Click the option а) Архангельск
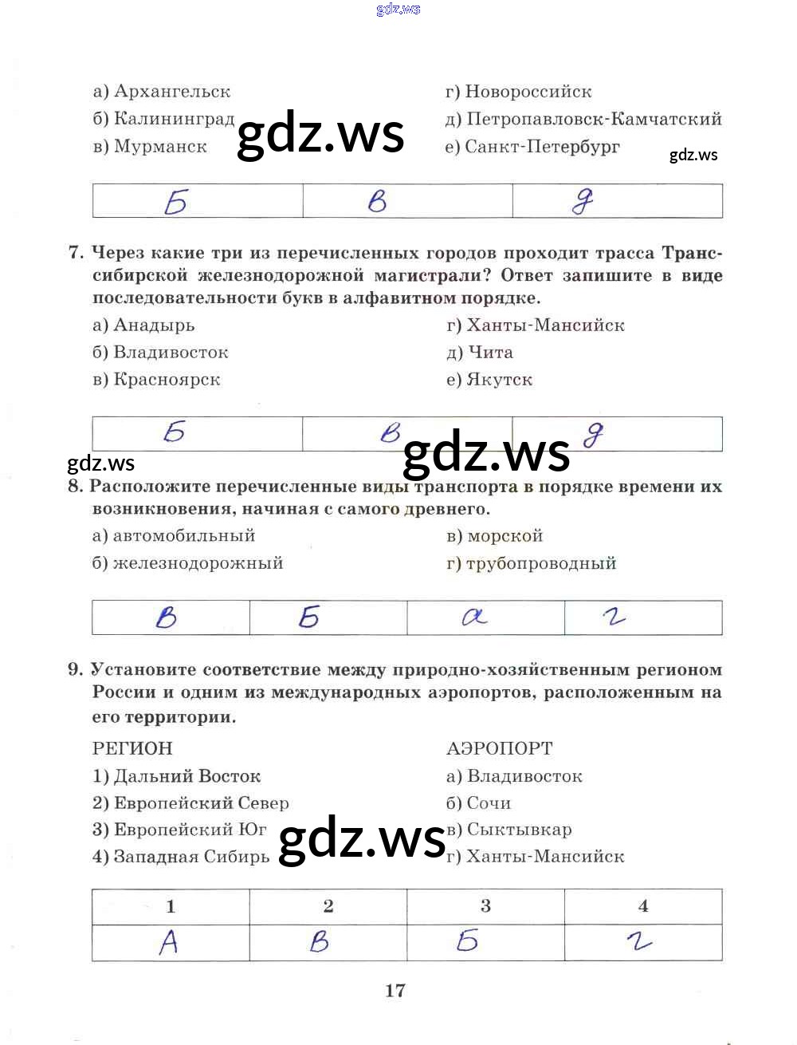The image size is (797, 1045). (162, 92)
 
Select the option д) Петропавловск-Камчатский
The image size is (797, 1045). (583, 120)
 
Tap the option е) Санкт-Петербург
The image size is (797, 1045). (532, 147)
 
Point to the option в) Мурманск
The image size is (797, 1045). (150, 147)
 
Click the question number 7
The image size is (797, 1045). (76, 253)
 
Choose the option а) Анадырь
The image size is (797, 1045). (143, 325)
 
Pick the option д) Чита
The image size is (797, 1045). (480, 353)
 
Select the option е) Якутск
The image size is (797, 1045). (489, 380)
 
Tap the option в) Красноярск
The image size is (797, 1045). (156, 380)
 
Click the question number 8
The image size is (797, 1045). (75, 487)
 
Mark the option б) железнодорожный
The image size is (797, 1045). (187, 563)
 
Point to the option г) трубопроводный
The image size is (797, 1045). (531, 563)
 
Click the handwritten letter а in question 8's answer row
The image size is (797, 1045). (474, 617)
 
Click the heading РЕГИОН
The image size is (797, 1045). (132, 748)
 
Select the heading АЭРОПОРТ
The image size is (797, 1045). (500, 748)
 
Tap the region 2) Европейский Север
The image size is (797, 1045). (190, 803)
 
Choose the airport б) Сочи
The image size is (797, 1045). (478, 803)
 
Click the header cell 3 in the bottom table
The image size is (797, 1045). (485, 906)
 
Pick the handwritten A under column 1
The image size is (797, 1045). (168, 943)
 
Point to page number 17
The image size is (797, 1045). (395, 991)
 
